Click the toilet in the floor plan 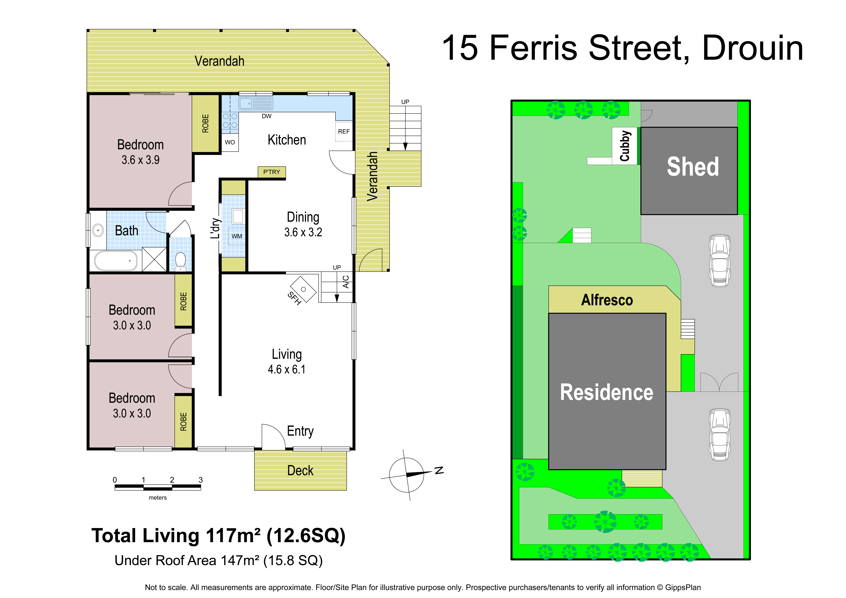pos(180,261)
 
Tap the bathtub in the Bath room pos(116,261)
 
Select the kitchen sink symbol pos(256,103)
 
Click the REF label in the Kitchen pos(344,132)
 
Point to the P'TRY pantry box pos(272,172)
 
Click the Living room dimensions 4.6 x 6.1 pos(287,369)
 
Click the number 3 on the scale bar pos(201,480)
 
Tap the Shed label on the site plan pos(693,167)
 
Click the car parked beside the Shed pos(720,261)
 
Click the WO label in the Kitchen pos(230,142)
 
